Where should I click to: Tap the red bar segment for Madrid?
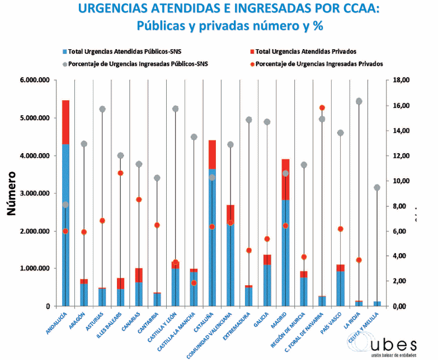(x=285, y=179)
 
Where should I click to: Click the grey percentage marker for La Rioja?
(x=359, y=101)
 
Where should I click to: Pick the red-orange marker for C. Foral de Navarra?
(x=322, y=107)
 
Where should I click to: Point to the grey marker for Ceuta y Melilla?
(x=377, y=187)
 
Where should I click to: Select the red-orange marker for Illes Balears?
(x=120, y=173)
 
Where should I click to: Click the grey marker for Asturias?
(x=102, y=109)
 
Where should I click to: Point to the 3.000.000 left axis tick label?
(x=35, y=193)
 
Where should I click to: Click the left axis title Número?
(x=12, y=193)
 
